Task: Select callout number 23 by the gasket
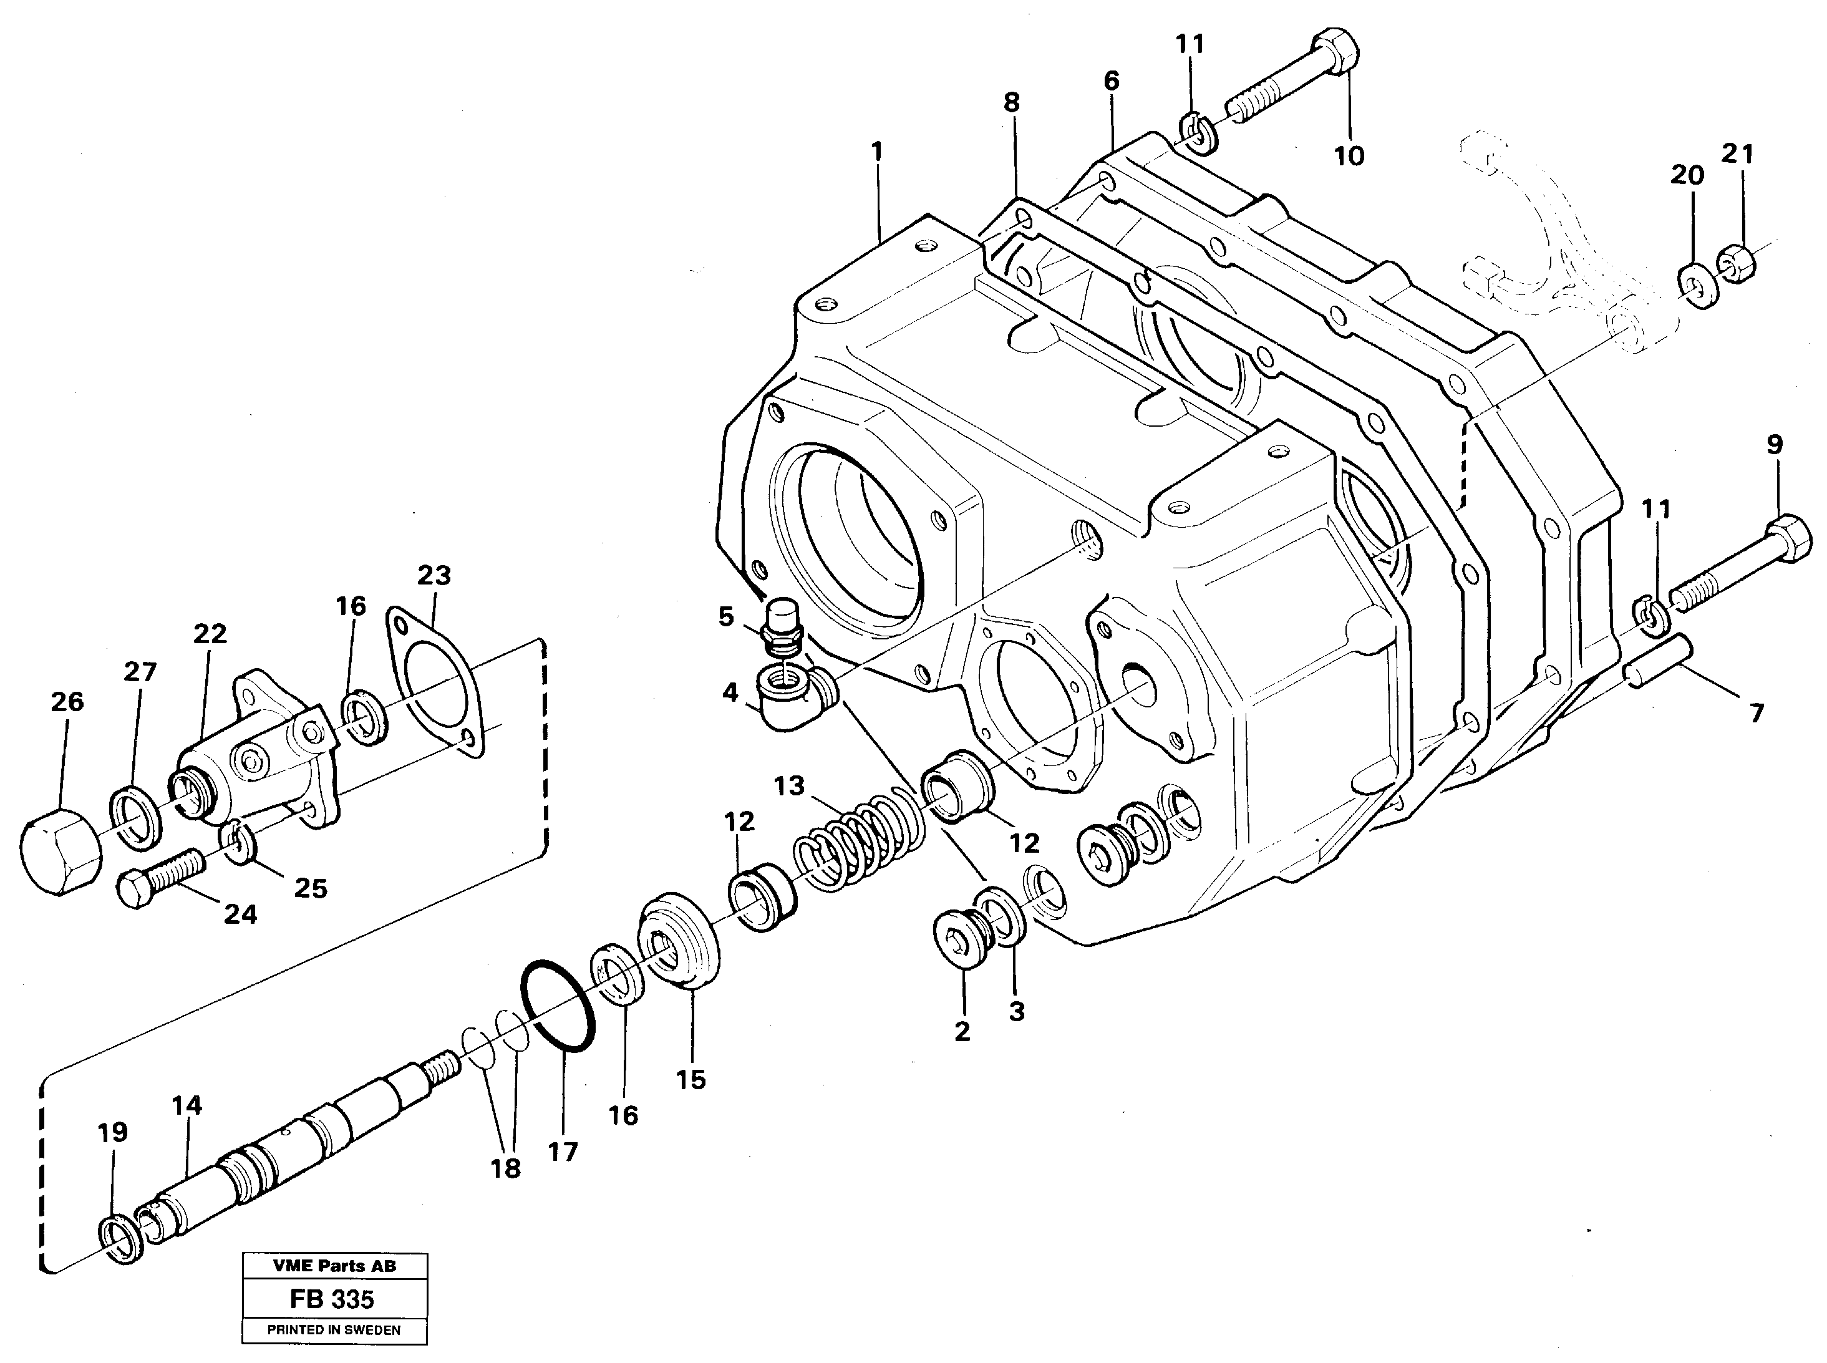coord(434,575)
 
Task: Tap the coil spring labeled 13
coord(858,839)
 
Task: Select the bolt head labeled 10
coord(1334,44)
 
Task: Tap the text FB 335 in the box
coord(332,1299)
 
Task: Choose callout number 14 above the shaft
coord(187,1105)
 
